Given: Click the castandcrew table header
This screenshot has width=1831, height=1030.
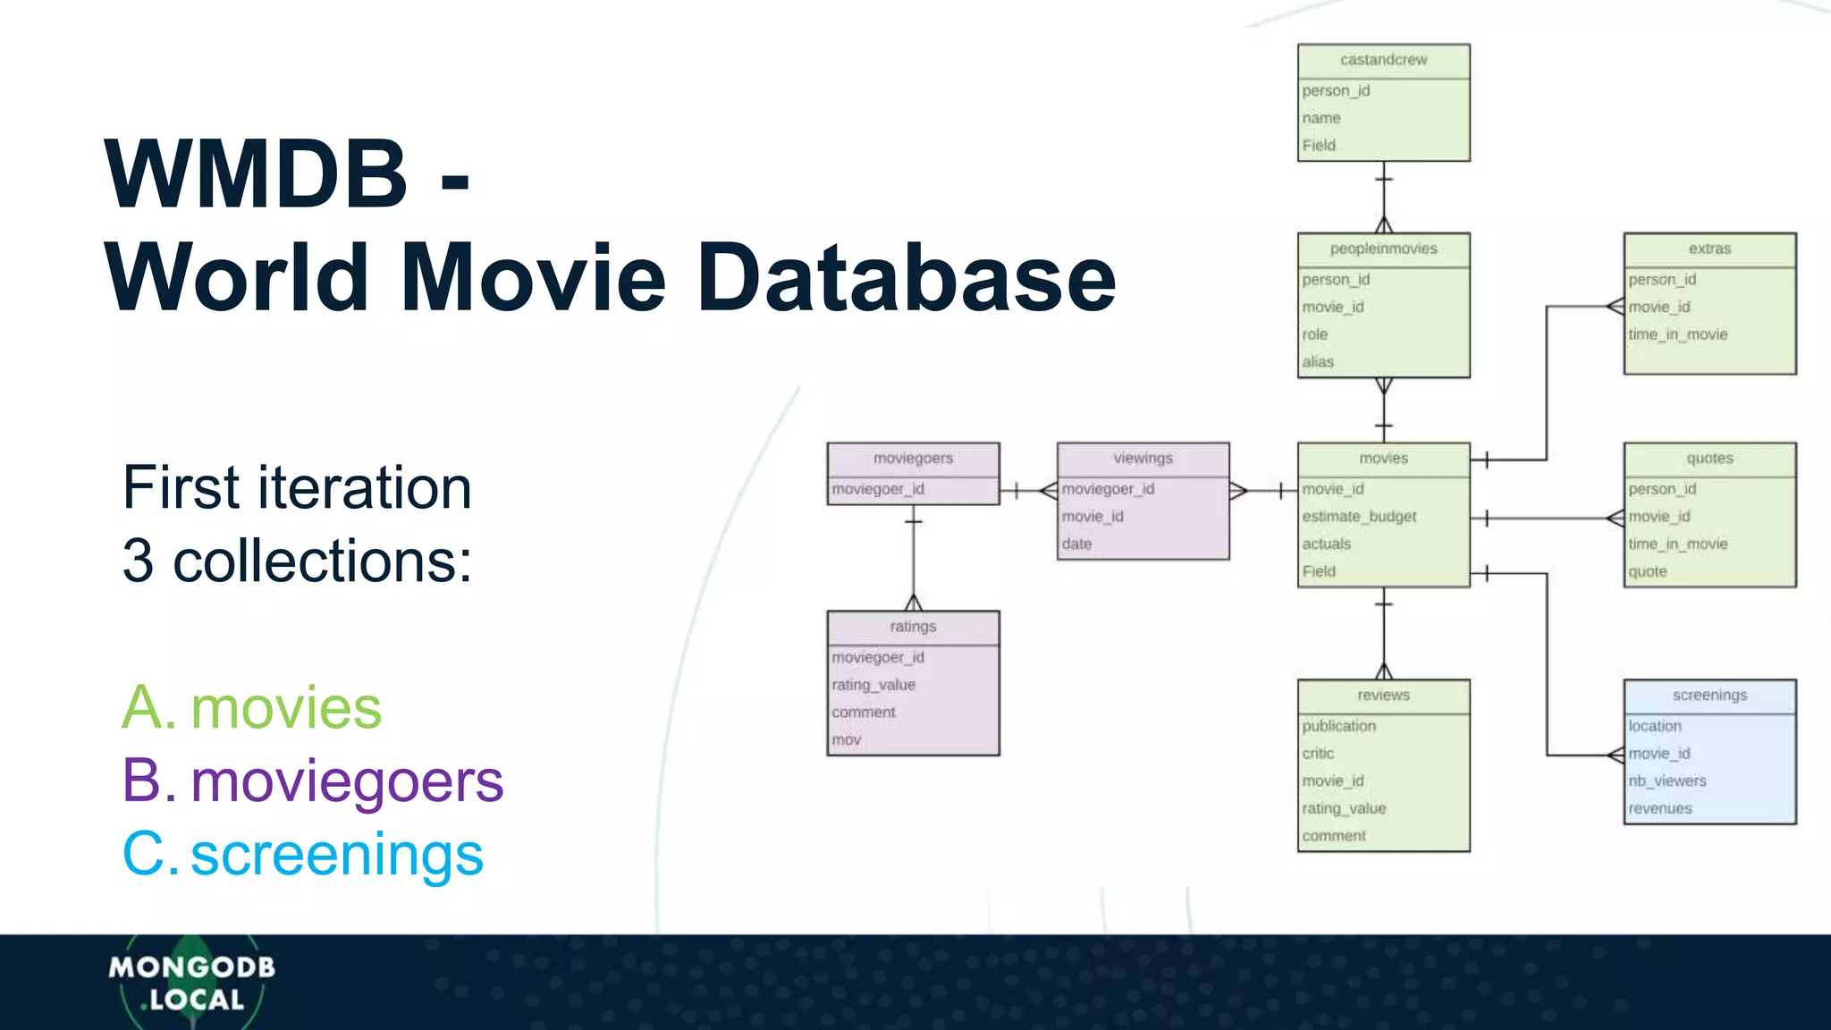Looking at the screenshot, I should (x=1383, y=60).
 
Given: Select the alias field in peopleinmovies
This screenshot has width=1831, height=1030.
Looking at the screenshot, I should (x=1318, y=362).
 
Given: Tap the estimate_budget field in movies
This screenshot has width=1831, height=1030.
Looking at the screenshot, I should (x=1359, y=517).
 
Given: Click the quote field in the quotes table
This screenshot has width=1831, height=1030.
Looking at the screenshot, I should (x=1648, y=571).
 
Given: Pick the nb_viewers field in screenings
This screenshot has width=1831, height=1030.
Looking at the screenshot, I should (x=1667, y=781).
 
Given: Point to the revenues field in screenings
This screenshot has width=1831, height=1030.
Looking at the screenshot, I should (x=1660, y=809).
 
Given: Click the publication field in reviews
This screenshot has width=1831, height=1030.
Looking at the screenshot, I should (x=1339, y=726).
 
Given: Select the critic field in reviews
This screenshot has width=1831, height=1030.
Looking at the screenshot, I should (x=1318, y=754).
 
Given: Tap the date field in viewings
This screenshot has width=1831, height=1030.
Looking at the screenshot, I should (x=1076, y=544).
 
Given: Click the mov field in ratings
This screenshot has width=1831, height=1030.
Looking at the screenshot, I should (x=846, y=740).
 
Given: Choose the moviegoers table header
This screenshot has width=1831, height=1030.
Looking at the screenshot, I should (x=913, y=459).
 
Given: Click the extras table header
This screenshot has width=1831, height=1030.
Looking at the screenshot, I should (x=1709, y=249).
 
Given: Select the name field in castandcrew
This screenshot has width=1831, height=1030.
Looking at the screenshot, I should (x=1321, y=118).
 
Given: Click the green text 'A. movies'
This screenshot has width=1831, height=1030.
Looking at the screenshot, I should (x=252, y=708).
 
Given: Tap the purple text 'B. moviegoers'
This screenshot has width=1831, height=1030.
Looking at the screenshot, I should (x=313, y=781).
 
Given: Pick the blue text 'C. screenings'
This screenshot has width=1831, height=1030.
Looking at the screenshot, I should (x=303, y=855).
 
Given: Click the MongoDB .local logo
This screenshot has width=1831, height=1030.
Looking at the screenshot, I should (x=192, y=983).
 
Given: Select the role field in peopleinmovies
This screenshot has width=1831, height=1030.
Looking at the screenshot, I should (x=1315, y=334).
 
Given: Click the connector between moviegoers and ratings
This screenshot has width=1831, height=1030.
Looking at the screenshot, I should (x=913, y=559).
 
